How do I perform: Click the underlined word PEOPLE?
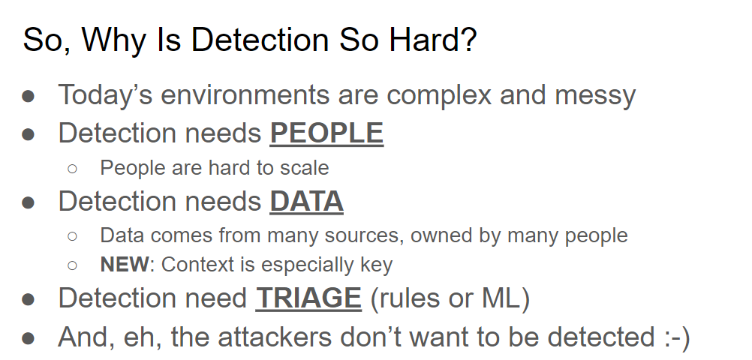coord(326,133)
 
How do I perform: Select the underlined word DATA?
coord(306,201)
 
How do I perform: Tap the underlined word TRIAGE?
coord(308,298)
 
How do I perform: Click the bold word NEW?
coord(125,265)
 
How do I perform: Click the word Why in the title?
coord(113,41)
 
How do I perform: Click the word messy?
coord(595,95)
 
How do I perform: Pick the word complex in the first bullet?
coord(439,95)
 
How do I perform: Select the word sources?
coord(364,235)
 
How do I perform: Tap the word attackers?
coord(275,337)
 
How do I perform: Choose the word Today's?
coord(106,95)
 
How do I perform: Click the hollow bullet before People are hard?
coord(72,168)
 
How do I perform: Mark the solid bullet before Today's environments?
coord(29,96)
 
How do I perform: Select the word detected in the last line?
coord(601,337)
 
